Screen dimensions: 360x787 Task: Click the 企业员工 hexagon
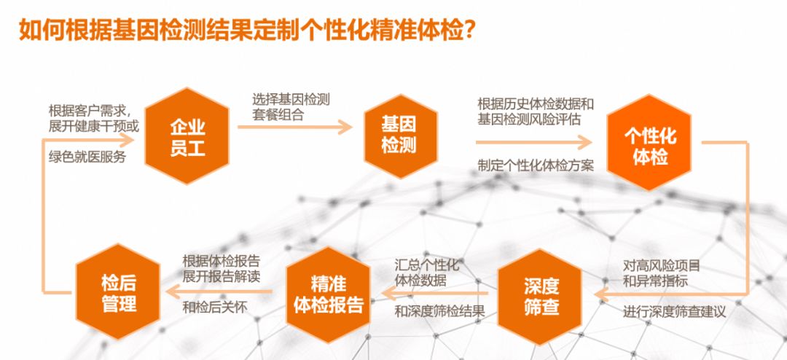click(187, 137)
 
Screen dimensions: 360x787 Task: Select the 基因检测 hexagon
click(399, 136)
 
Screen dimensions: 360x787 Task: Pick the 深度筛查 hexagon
click(541, 295)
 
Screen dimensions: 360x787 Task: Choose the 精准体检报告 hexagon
click(329, 294)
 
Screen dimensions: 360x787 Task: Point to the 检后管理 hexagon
click(119, 294)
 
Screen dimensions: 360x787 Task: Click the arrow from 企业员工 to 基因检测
click(294, 127)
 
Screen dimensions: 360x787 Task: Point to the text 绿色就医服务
click(87, 157)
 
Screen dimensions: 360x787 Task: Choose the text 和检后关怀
click(214, 307)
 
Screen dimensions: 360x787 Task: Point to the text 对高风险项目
click(661, 265)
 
